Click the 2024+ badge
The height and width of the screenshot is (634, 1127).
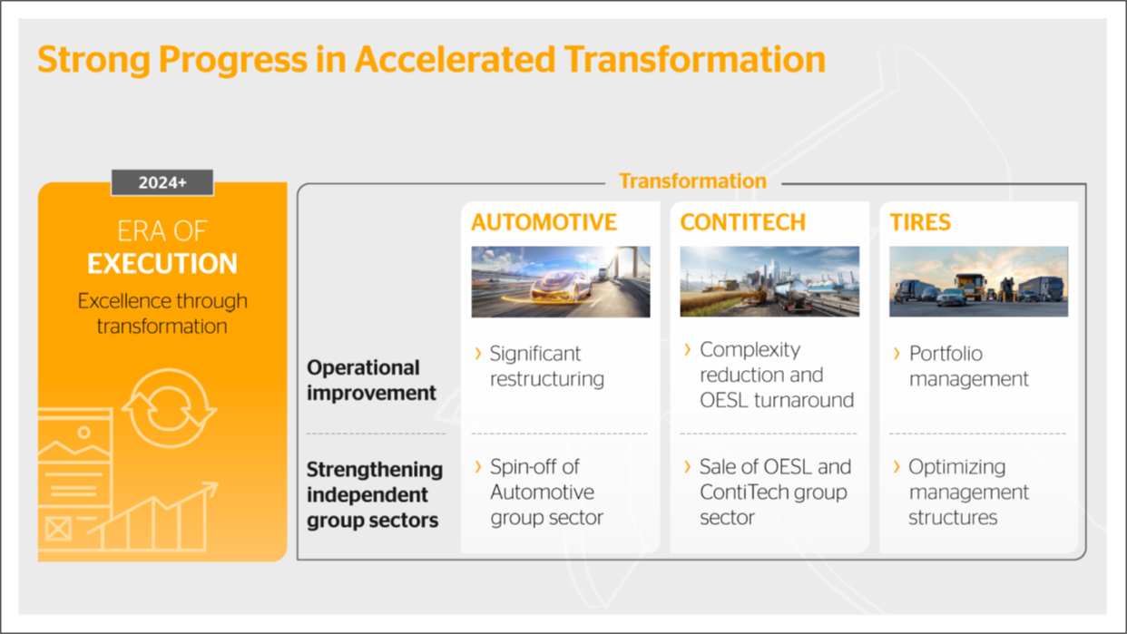point(162,182)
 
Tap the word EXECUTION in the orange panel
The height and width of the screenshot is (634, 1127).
point(162,263)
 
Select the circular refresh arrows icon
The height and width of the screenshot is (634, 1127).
point(169,408)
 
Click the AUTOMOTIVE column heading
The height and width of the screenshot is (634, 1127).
point(544,222)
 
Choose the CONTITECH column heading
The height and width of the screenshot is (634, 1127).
point(742,222)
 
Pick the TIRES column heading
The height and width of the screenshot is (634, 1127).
point(920,222)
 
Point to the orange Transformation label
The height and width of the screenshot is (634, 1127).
point(692,181)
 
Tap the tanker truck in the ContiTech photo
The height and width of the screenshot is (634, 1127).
point(790,296)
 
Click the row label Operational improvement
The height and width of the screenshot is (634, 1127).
point(371,380)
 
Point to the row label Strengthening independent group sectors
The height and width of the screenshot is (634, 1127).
point(375,494)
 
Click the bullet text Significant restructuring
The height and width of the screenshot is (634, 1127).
point(547,366)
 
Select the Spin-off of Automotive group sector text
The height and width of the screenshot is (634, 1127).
point(547,493)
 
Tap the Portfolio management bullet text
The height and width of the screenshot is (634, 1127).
point(968,366)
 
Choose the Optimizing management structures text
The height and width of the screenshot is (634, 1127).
point(968,493)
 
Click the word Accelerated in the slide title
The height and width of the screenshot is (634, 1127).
point(456,59)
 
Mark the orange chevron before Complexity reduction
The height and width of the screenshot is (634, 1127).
point(688,349)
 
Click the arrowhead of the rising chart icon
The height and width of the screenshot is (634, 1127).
point(211,489)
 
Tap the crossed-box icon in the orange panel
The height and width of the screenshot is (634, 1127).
point(58,529)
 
